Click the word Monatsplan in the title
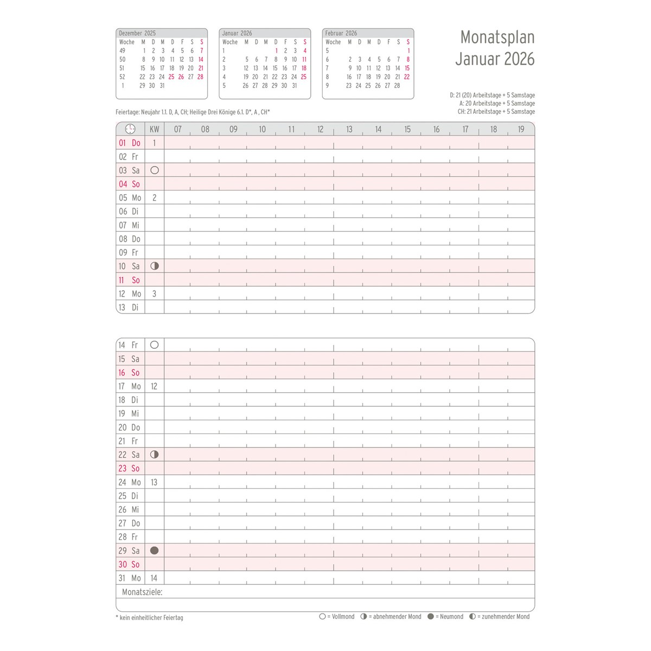pyautogui.click(x=497, y=37)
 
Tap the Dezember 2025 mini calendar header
pyautogui.click(x=137, y=33)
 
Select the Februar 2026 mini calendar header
pyautogui.click(x=341, y=33)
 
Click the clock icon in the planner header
pyautogui.click(x=130, y=129)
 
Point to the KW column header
pyautogui.click(x=155, y=129)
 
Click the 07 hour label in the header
pyautogui.click(x=177, y=129)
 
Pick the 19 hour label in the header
pyautogui.click(x=521, y=129)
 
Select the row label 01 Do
pyautogui.click(x=130, y=143)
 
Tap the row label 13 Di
pyautogui.click(x=129, y=308)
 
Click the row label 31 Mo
pyautogui.click(x=130, y=578)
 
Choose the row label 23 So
pyautogui.click(x=129, y=469)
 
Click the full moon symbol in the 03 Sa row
pyautogui.click(x=155, y=170)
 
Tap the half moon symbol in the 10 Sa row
pyautogui.click(x=155, y=266)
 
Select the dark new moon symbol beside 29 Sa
pyautogui.click(x=154, y=551)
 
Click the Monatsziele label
pyautogui.click(x=142, y=592)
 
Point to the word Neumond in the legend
pyautogui.click(x=451, y=617)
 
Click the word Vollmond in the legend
pyautogui.click(x=343, y=617)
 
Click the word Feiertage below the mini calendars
pyautogui.click(x=127, y=112)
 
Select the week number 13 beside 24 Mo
pyautogui.click(x=154, y=482)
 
